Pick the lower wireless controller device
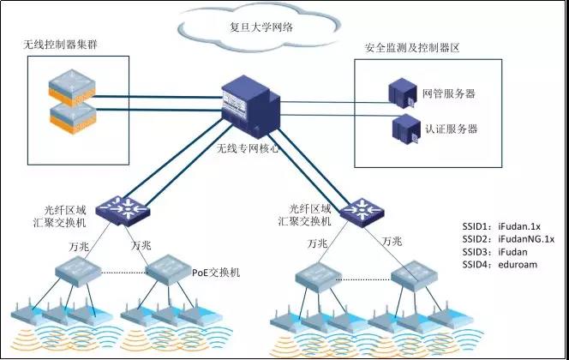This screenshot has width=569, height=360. [74, 114]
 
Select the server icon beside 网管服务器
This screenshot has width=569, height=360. [401, 90]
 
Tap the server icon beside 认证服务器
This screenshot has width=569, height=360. [403, 129]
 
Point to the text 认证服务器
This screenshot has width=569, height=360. [450, 129]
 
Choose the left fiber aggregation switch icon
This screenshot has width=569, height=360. [115, 207]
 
